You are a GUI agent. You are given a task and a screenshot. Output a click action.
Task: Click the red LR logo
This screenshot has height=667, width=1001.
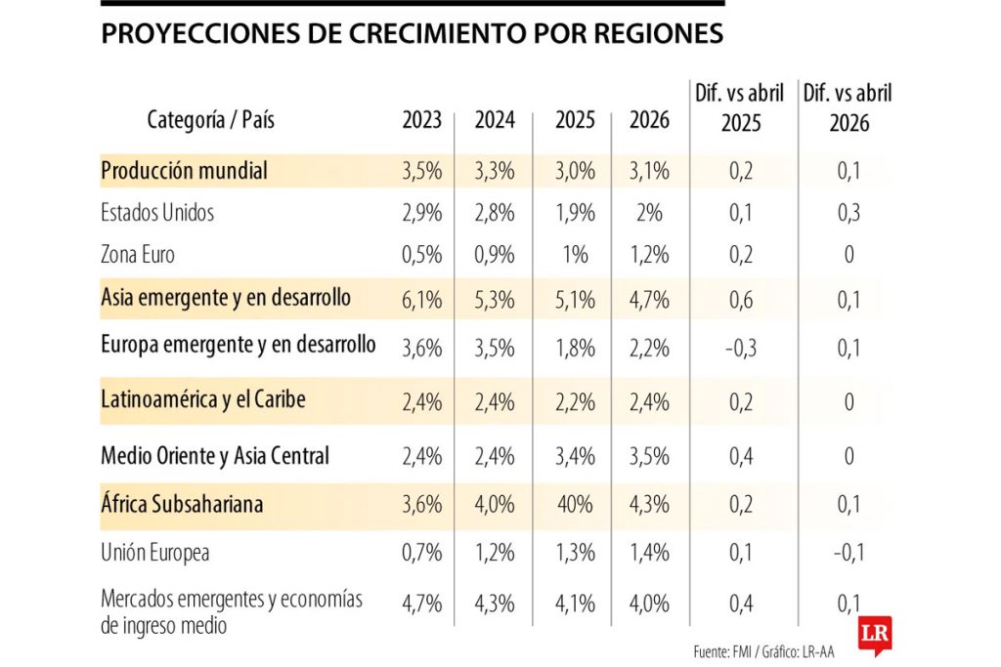pos(873,635)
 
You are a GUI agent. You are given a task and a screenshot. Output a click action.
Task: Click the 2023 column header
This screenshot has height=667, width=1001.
pos(422,120)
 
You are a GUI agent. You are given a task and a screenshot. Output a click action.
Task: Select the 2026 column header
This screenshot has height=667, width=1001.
pos(650,120)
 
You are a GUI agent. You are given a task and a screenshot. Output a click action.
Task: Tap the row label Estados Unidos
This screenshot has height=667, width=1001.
pos(157,212)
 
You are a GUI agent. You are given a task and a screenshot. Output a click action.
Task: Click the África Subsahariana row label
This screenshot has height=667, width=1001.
pos(182,505)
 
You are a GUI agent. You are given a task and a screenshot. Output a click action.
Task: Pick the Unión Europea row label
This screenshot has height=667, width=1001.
pos(155,553)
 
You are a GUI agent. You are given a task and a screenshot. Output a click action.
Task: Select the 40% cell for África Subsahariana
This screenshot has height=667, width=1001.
pos(575,505)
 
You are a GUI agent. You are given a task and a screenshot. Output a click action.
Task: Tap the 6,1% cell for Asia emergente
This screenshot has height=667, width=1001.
pos(422,299)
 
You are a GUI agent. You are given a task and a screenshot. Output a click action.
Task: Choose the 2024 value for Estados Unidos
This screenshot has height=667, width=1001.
pos(495,212)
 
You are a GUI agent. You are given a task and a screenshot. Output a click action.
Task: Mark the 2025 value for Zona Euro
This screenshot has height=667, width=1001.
pos(575,255)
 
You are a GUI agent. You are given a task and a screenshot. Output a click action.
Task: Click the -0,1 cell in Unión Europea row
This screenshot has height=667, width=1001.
pos(848,553)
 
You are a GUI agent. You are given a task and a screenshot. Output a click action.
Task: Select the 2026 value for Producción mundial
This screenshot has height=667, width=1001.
pos(650,171)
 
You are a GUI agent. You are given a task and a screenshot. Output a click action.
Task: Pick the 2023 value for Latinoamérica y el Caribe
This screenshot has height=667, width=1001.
pos(422,400)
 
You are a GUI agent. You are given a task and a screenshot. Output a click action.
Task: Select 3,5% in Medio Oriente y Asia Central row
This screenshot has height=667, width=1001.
pos(650,456)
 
